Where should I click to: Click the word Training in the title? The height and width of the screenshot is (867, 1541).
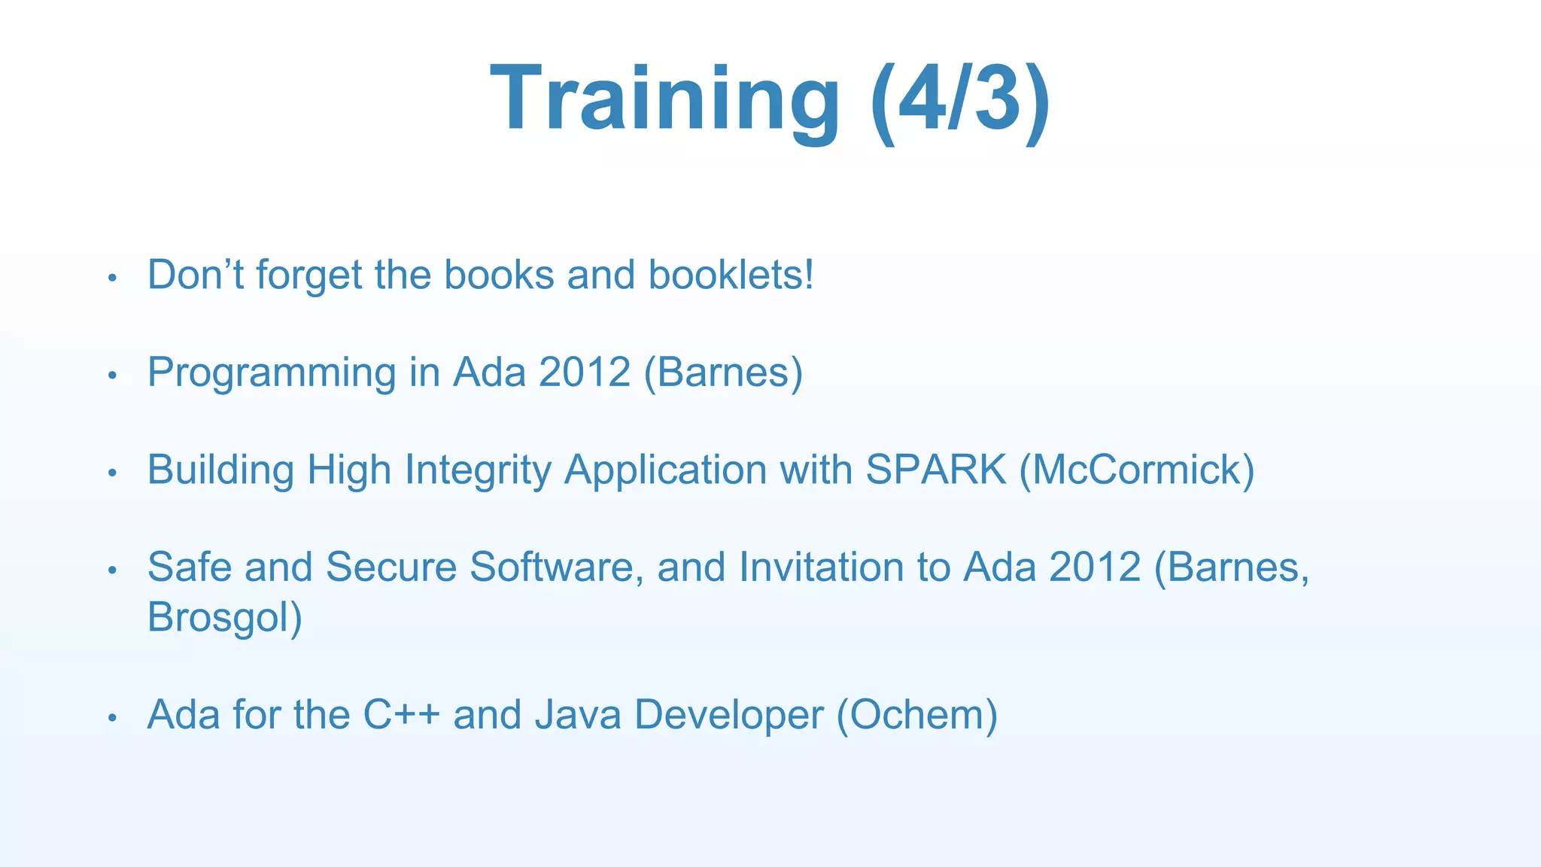click(x=664, y=100)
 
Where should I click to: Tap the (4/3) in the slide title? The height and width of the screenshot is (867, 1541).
click(x=959, y=100)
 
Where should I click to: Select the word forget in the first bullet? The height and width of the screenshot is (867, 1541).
click(x=309, y=275)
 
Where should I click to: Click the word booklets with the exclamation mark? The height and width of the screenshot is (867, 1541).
click(x=731, y=275)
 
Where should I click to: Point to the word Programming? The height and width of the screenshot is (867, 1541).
click(x=272, y=373)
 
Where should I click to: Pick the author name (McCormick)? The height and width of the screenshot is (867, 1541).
click(x=1137, y=470)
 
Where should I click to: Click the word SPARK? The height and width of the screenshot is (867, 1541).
click(x=935, y=470)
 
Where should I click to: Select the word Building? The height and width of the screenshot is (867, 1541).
click(x=220, y=470)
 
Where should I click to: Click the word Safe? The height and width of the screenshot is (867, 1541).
click(x=190, y=567)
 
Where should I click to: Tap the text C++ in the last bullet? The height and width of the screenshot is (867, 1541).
click(x=401, y=714)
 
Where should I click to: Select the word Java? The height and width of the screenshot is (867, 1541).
click(x=578, y=714)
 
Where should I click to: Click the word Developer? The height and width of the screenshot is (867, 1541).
click(x=728, y=716)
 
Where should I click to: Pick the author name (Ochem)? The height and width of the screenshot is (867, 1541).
click(x=916, y=714)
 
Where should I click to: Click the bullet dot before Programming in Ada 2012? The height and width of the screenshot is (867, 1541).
click(x=112, y=375)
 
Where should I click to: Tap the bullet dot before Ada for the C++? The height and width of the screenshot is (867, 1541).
click(x=112, y=717)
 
